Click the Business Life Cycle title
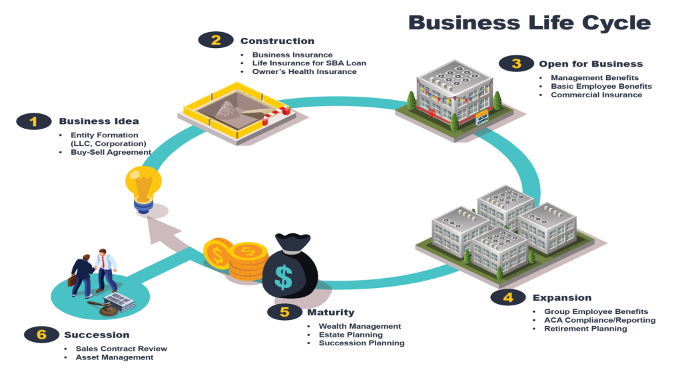click(x=529, y=22)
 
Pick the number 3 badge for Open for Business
click(x=517, y=64)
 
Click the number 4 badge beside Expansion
click(x=508, y=297)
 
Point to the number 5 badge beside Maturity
click(x=285, y=312)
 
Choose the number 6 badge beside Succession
click(x=41, y=335)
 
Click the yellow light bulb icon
click(x=143, y=187)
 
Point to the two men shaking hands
click(x=93, y=272)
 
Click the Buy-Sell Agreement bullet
click(x=111, y=152)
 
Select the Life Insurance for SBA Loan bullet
click(x=309, y=63)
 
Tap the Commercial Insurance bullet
click(x=596, y=95)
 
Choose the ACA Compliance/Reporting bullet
click(x=599, y=320)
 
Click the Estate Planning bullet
click(x=351, y=335)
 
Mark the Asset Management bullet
click(x=115, y=357)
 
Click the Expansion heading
click(x=561, y=297)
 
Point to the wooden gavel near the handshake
click(x=100, y=309)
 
